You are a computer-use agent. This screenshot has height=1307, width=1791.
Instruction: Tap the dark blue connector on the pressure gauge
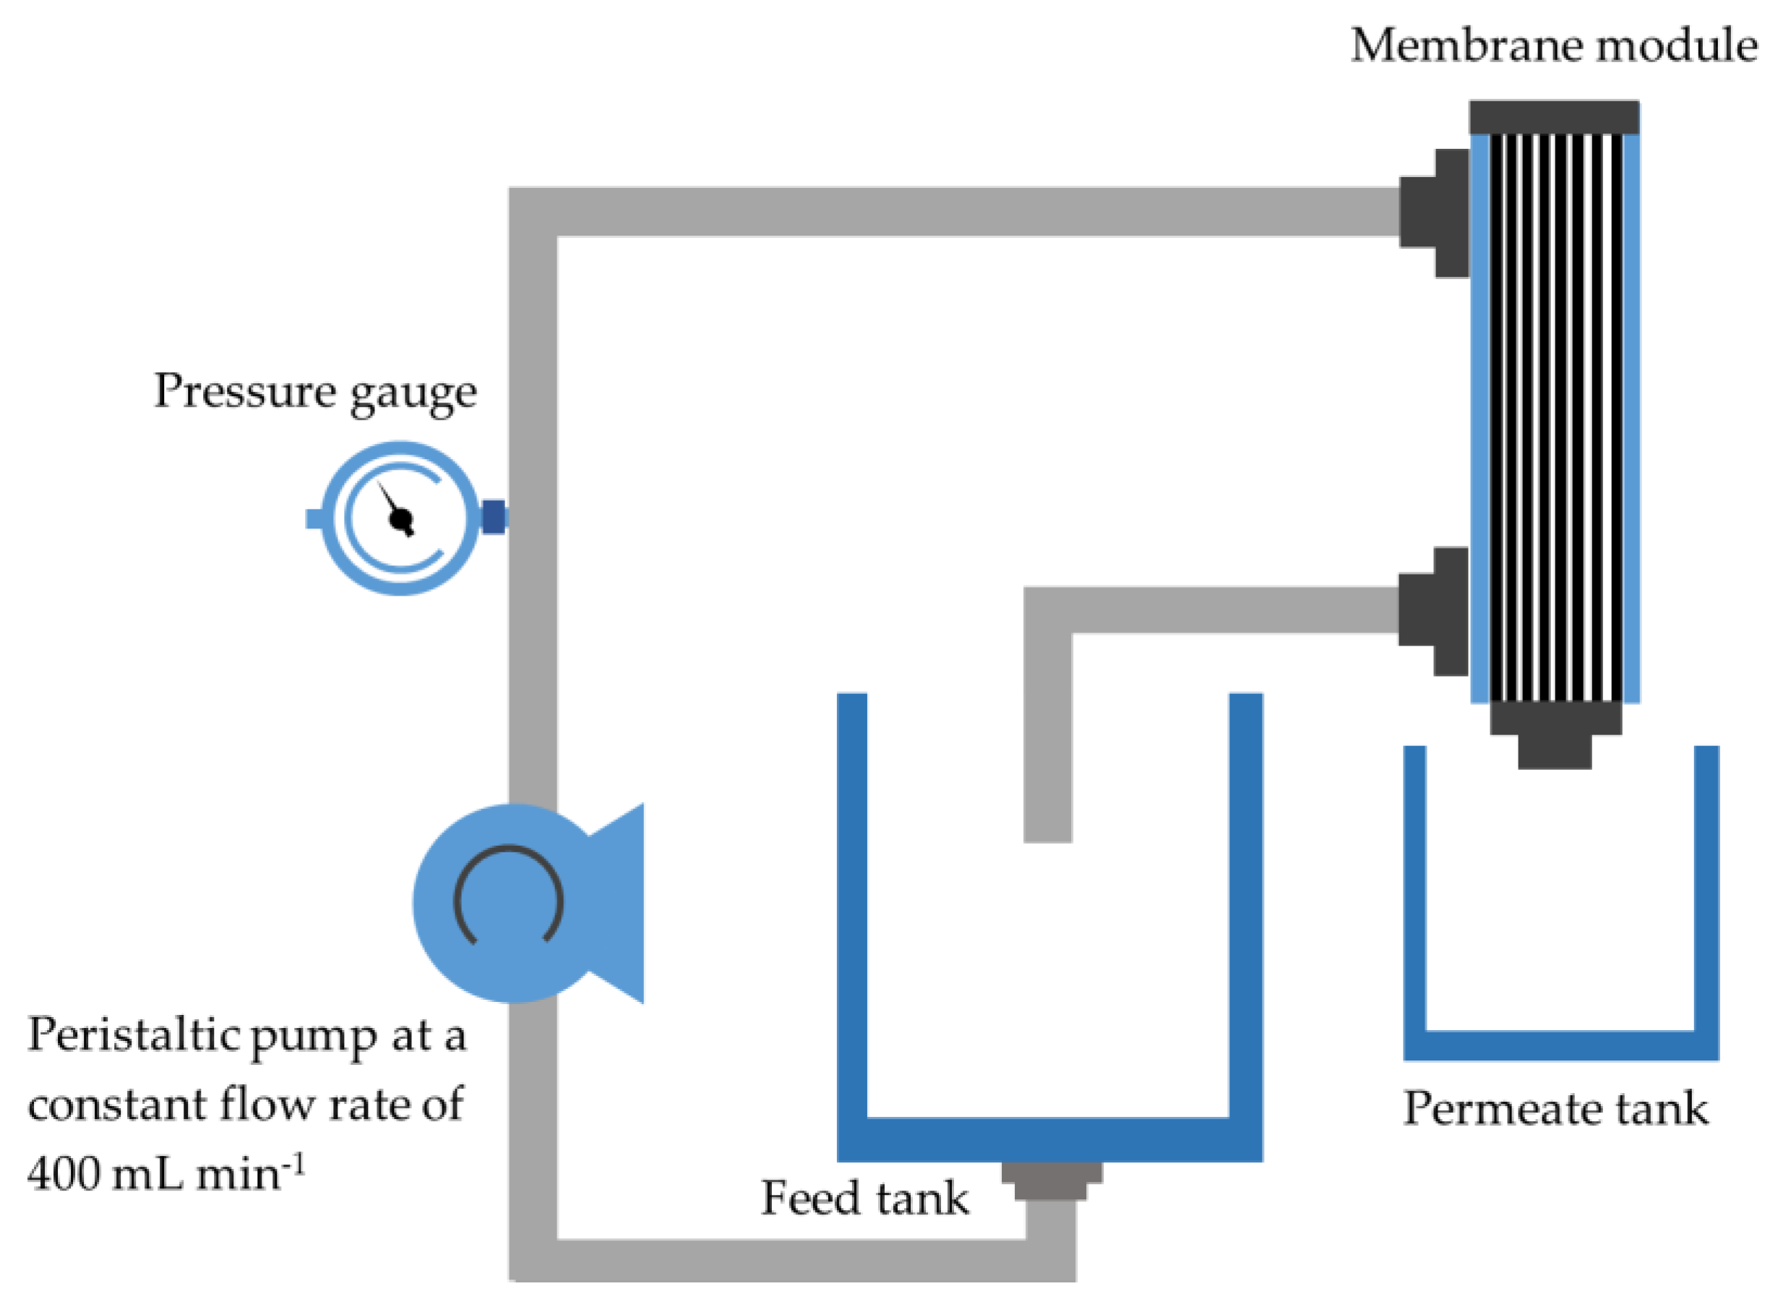pos(494,518)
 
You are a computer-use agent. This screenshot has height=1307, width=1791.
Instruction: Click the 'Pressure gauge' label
pos(315,392)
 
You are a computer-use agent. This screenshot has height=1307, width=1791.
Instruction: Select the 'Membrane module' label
pos(1555,45)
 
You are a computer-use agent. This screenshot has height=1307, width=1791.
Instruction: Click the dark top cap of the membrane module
pos(1555,117)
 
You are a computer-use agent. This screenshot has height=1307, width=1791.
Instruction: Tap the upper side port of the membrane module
pos(1434,213)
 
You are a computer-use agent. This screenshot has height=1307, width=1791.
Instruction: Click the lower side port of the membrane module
pos(1433,611)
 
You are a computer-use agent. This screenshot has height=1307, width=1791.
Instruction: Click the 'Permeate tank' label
pos(1555,1108)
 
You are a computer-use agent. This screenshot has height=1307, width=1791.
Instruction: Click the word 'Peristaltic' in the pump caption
pos(132,1036)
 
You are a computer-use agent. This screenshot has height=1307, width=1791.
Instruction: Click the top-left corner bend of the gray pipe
pos(533,212)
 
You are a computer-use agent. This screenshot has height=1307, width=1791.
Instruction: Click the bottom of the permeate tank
pos(1560,1045)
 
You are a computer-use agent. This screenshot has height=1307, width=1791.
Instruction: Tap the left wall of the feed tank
pos(852,925)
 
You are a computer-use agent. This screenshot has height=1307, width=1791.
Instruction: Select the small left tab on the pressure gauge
pos(315,518)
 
